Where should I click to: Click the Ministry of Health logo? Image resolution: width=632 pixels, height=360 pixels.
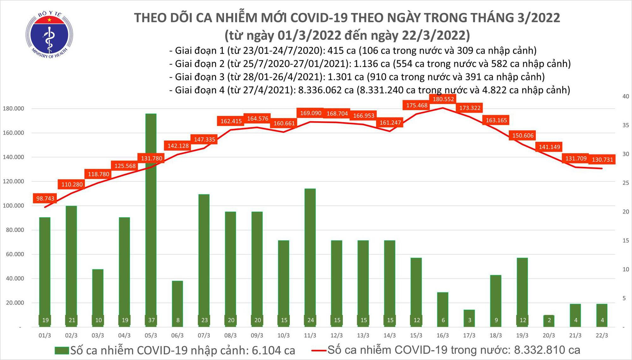pyautogui.click(x=49, y=35)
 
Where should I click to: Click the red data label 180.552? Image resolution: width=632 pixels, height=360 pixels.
pyautogui.click(x=443, y=99)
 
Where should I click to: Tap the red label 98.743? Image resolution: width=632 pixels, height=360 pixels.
pyautogui.click(x=45, y=198)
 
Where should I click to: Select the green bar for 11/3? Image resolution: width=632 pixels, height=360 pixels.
pyautogui.click(x=310, y=253)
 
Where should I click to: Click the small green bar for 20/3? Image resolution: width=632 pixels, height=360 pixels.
pyautogui.click(x=549, y=321)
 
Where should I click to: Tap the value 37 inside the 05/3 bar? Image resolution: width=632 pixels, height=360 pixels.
pyautogui.click(x=151, y=320)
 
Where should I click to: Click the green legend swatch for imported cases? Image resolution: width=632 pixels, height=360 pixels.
pyautogui.click(x=62, y=351)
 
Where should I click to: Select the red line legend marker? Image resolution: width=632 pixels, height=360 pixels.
pyautogui.click(x=319, y=350)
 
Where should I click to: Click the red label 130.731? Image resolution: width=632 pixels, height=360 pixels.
pyautogui.click(x=602, y=160)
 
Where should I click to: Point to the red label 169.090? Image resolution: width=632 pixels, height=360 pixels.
pyautogui.click(x=311, y=113)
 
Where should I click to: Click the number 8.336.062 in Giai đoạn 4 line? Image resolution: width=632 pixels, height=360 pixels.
pyautogui.click(x=320, y=90)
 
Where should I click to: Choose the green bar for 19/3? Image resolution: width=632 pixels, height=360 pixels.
pyautogui.click(x=523, y=291)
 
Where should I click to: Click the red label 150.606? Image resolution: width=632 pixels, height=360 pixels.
pyautogui.click(x=523, y=135)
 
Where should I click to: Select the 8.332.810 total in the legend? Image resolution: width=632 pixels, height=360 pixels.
pyautogui.click(x=547, y=350)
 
